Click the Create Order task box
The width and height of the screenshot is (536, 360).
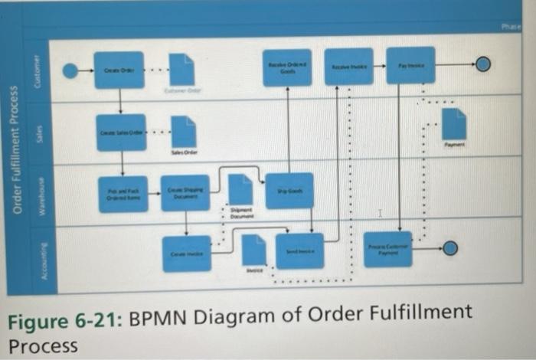(119, 70)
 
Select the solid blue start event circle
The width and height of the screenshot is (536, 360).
(70, 71)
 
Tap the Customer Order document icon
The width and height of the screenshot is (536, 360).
(181, 70)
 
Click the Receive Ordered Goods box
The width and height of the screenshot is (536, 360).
(288, 68)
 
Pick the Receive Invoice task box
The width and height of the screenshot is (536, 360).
(348, 67)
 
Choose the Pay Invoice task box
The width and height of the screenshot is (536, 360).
(410, 66)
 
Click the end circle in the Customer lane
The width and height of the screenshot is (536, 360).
(483, 65)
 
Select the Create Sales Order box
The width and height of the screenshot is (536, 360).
(121, 133)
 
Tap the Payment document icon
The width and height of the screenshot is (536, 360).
(453, 124)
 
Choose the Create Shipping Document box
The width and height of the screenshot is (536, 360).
(185, 193)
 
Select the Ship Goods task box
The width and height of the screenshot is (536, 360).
(289, 191)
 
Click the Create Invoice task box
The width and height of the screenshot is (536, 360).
(187, 254)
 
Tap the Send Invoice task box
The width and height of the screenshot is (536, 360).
(299, 251)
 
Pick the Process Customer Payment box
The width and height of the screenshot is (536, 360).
(388, 249)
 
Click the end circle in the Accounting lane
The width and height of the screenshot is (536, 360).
(450, 247)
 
